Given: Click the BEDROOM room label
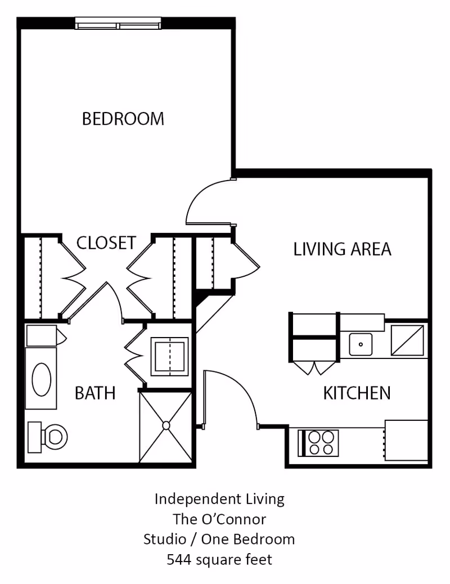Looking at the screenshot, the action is [x=123, y=119].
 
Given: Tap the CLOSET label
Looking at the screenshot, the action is [x=106, y=243].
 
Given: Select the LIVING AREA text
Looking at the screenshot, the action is [x=343, y=249].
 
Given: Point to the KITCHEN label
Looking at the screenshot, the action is [x=357, y=393].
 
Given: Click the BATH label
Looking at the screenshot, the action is [x=95, y=393].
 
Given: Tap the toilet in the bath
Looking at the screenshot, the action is [x=48, y=437].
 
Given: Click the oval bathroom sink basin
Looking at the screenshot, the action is [x=42, y=380].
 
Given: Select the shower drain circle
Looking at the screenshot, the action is [x=166, y=425].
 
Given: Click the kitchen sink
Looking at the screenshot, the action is [x=361, y=344].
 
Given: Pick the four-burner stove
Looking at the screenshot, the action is [x=318, y=443].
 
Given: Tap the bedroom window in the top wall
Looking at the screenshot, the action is [x=118, y=23].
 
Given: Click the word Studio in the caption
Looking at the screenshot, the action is [x=165, y=540].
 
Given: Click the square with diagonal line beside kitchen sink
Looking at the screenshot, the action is [x=407, y=340].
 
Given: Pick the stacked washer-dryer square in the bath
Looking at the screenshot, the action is [x=169, y=357].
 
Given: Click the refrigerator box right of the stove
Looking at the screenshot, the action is [x=406, y=440].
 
